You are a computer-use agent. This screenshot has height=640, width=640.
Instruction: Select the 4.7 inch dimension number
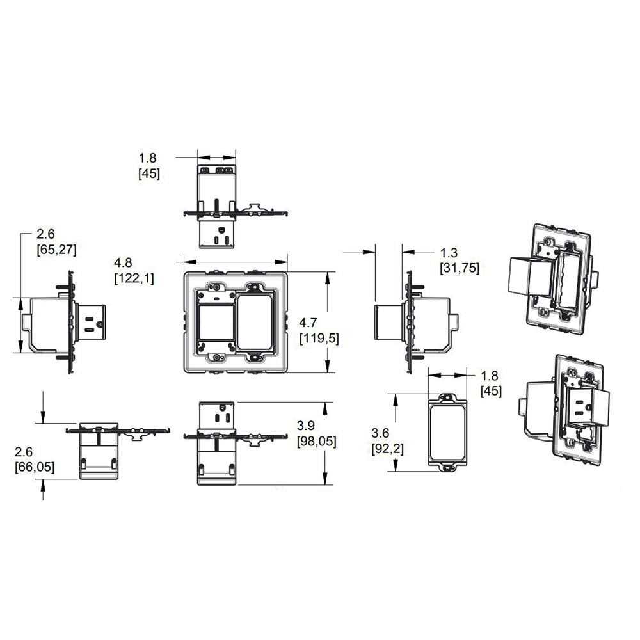tap(309, 324)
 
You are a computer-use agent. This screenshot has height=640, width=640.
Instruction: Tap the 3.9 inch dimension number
tap(307, 426)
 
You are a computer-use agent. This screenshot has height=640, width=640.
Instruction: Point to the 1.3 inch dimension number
tap(449, 253)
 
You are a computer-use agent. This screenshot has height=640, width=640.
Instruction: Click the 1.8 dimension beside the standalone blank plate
tap(490, 376)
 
